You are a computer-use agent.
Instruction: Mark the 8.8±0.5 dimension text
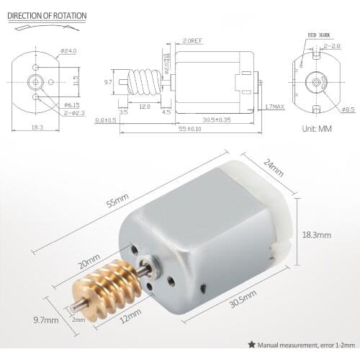click(105, 120)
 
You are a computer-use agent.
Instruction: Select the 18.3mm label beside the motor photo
click(316, 235)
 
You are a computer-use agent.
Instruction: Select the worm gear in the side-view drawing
click(144, 85)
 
